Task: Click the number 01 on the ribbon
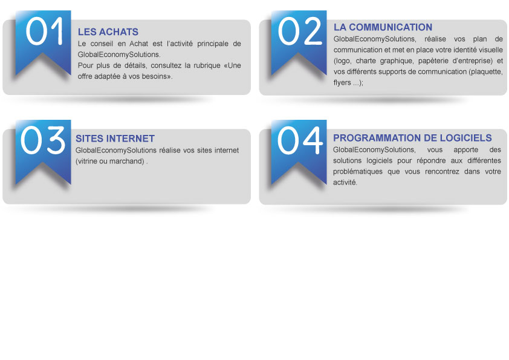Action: pos(45,31)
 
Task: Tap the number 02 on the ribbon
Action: pos(300,31)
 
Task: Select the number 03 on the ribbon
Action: pos(43,140)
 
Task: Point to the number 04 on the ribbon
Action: pos(300,140)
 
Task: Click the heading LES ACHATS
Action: pos(108,32)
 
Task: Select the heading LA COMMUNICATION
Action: pos(383,27)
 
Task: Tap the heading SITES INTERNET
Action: pos(115,139)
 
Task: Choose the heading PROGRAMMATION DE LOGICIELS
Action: pos(412,138)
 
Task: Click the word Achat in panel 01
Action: pos(138,44)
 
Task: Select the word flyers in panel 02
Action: pos(342,83)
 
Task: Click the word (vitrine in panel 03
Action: pos(86,162)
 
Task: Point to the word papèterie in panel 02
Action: pos(433,61)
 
